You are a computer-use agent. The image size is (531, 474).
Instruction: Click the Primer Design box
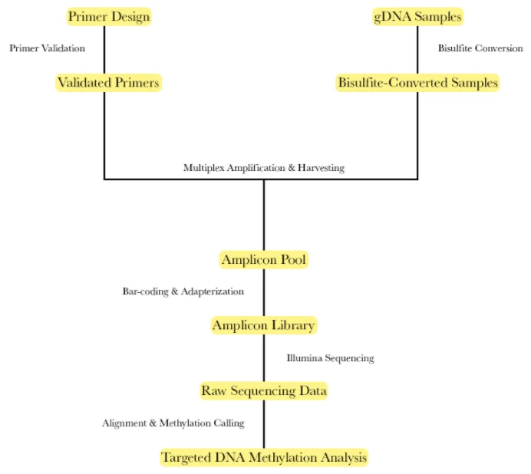point(109,17)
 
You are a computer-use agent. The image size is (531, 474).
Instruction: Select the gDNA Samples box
point(417,17)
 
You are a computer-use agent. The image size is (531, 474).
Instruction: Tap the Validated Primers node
point(109,83)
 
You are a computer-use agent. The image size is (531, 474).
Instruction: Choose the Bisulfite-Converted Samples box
point(417,83)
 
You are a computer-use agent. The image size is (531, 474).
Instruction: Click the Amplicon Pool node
point(264,260)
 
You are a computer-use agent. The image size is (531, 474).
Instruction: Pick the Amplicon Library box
point(264,325)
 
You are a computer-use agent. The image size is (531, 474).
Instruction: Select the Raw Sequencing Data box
point(264,390)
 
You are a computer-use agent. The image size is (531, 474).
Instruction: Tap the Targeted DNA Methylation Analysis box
point(264,457)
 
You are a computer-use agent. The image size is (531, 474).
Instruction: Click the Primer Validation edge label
point(47,48)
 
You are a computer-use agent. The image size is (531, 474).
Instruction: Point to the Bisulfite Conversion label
point(480,48)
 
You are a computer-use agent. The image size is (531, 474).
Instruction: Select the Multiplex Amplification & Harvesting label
point(264,168)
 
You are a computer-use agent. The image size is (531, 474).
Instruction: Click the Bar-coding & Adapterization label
point(183,291)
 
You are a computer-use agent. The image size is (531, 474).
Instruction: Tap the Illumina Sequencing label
point(330,358)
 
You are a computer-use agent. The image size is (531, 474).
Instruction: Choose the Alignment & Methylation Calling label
point(173,423)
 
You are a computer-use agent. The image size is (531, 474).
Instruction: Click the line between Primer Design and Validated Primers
point(104,50)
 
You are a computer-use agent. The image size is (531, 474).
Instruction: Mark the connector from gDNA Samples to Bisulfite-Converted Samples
point(417,50)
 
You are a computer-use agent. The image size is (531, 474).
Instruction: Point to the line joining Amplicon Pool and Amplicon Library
point(264,292)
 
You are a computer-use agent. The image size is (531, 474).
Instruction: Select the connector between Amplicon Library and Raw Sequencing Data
point(264,358)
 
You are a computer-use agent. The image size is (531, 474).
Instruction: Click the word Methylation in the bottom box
point(283,457)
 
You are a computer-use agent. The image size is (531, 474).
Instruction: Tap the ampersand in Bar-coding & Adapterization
point(175,291)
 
